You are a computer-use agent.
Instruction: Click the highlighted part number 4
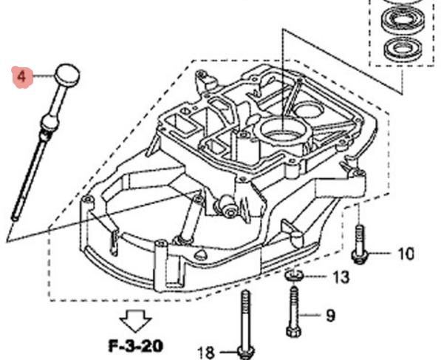(x=22, y=77)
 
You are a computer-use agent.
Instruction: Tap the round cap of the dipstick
(x=67, y=74)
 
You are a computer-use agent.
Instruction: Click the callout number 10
(x=406, y=254)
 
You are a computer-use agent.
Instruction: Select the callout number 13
(x=341, y=276)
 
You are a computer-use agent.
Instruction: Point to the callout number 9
(x=330, y=315)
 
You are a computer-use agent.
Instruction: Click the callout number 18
(x=206, y=353)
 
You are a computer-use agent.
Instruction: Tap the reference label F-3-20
(x=136, y=346)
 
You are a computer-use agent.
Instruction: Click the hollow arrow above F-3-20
(x=136, y=321)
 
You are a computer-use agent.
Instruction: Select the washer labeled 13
(x=293, y=275)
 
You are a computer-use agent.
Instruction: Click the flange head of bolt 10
(x=360, y=257)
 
